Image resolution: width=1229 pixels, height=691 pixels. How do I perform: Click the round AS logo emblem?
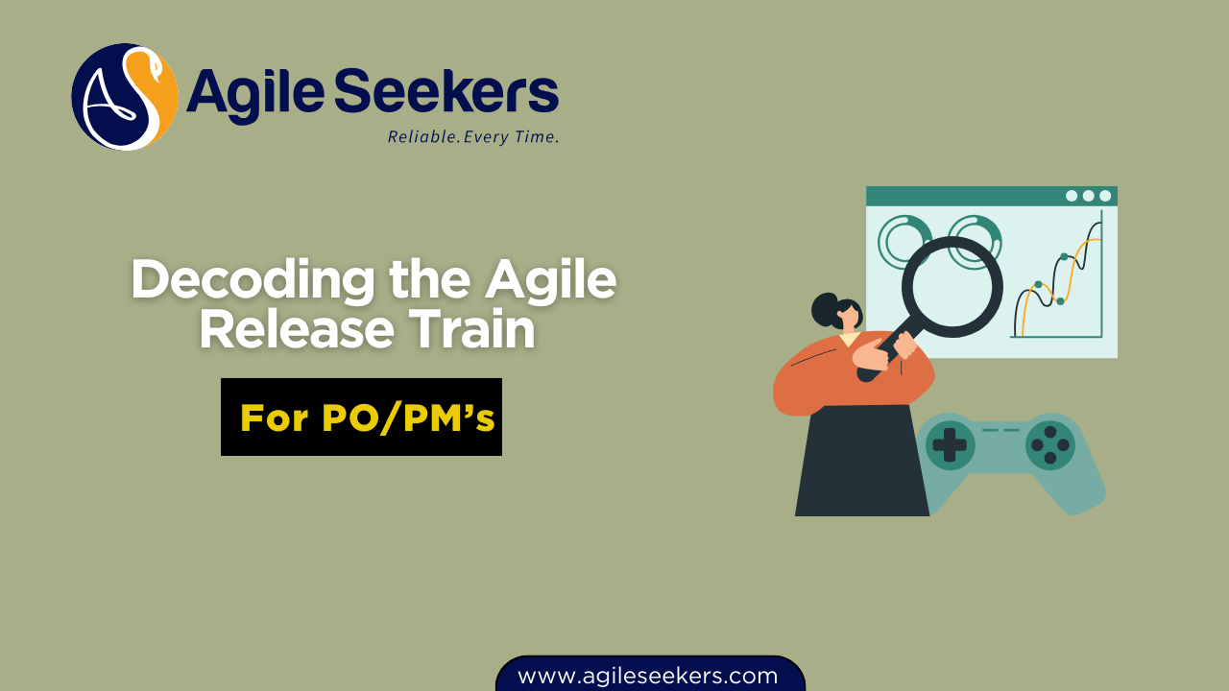point(125,97)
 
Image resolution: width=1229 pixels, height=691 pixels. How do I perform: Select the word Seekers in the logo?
point(446,90)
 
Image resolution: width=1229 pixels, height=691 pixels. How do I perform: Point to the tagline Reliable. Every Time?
point(473,136)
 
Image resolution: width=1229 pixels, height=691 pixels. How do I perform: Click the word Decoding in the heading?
point(253,281)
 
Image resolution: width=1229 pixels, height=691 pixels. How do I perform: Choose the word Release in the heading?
point(297,329)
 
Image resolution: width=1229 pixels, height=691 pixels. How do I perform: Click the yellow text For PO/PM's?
point(367,417)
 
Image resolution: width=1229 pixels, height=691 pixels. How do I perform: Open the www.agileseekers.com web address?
point(647,676)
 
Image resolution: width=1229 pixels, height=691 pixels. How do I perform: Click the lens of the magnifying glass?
point(952,287)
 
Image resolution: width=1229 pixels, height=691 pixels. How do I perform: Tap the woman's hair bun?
point(826,310)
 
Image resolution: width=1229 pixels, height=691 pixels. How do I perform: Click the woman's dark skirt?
point(861,461)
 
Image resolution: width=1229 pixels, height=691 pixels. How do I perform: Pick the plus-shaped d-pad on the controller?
point(950,445)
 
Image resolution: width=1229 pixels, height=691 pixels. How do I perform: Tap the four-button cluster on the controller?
point(1050,444)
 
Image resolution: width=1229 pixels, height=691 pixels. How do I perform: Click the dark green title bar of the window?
point(992,196)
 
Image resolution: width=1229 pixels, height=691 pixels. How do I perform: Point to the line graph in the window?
point(1057,279)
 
